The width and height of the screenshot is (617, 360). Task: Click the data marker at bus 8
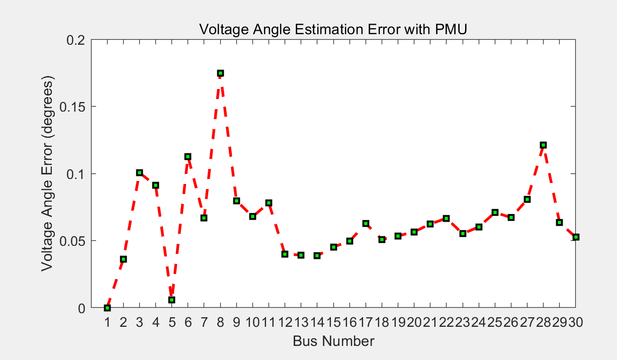pos(220,73)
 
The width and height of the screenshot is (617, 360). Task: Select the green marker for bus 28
pos(543,145)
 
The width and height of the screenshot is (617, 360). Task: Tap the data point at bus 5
pos(171,300)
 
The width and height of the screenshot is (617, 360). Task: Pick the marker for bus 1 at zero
pos(107,308)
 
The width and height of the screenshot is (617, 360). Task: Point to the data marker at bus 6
pos(188,157)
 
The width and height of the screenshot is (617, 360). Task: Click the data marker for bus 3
pos(139,173)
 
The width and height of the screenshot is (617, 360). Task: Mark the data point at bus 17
pos(366,223)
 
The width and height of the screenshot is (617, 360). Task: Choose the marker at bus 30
pos(576,237)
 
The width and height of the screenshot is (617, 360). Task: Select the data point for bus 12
pos(285,254)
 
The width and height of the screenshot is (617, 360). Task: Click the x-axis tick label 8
pos(220,323)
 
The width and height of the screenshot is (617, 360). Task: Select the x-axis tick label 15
pos(333,323)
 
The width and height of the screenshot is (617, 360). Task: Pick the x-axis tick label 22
pos(446,323)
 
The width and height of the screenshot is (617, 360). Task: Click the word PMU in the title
pos(452,29)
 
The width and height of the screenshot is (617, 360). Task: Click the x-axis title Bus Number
pos(333,341)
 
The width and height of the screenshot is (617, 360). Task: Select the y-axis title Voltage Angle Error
pos(47,173)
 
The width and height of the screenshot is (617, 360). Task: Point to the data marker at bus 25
pos(495,213)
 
